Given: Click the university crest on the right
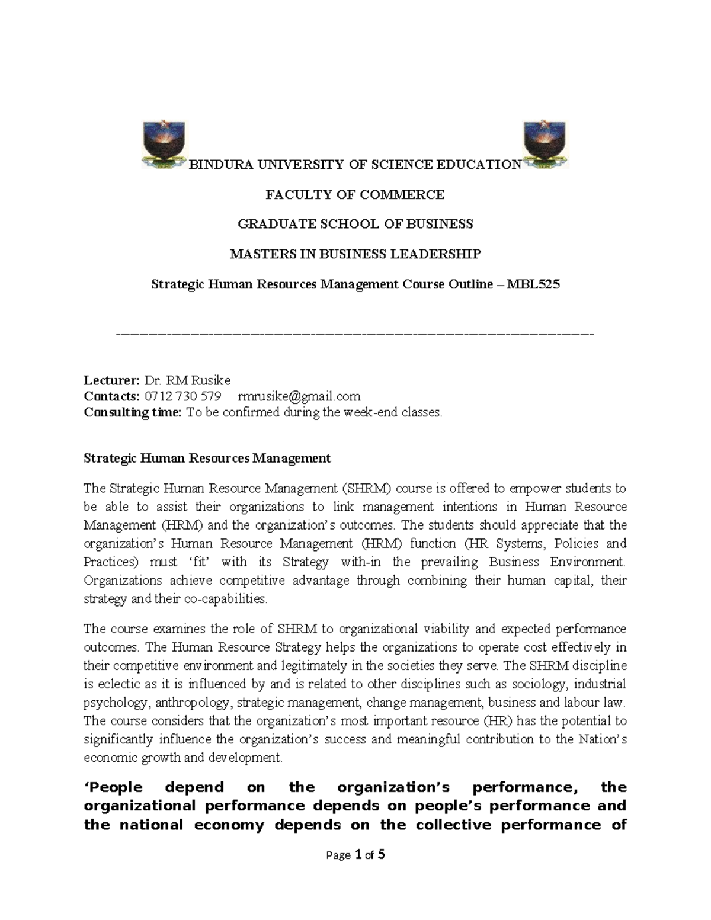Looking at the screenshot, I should [545, 145].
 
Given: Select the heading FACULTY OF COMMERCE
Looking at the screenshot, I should [355, 194].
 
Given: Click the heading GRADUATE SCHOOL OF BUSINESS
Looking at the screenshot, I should [355, 224].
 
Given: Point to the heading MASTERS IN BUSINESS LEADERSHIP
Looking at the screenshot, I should [355, 254].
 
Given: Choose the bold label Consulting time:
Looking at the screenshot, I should [132, 412].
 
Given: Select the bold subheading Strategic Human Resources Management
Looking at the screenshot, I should [207, 458].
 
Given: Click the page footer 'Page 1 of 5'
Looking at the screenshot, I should [355, 855].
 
